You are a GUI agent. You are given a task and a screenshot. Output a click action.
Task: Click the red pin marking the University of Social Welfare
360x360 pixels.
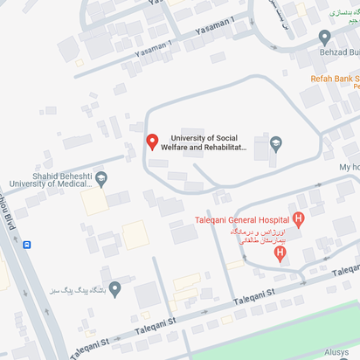[151, 142]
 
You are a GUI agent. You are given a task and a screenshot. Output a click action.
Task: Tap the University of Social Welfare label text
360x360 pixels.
[209, 142]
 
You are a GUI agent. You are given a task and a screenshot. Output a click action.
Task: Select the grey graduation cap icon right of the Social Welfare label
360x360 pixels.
[276, 142]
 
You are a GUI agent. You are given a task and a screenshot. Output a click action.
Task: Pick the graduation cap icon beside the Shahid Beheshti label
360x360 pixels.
[101, 180]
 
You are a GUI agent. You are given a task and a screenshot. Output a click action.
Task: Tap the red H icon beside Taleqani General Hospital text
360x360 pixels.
[299, 218]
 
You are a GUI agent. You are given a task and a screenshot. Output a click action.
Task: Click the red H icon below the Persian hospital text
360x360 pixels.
[280, 253]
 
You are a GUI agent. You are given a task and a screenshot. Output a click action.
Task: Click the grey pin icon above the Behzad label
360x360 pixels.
[325, 38]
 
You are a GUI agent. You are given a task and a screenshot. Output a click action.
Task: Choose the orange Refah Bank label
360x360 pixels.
[336, 79]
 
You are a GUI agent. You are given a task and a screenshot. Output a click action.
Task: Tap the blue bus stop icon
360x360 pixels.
[27, 245]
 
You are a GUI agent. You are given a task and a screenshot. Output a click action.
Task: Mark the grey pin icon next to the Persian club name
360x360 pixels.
[114, 287]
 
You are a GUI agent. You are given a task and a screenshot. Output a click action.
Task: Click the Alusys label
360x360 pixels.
[340, 351]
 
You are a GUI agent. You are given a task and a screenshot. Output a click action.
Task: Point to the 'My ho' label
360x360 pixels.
[349, 167]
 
